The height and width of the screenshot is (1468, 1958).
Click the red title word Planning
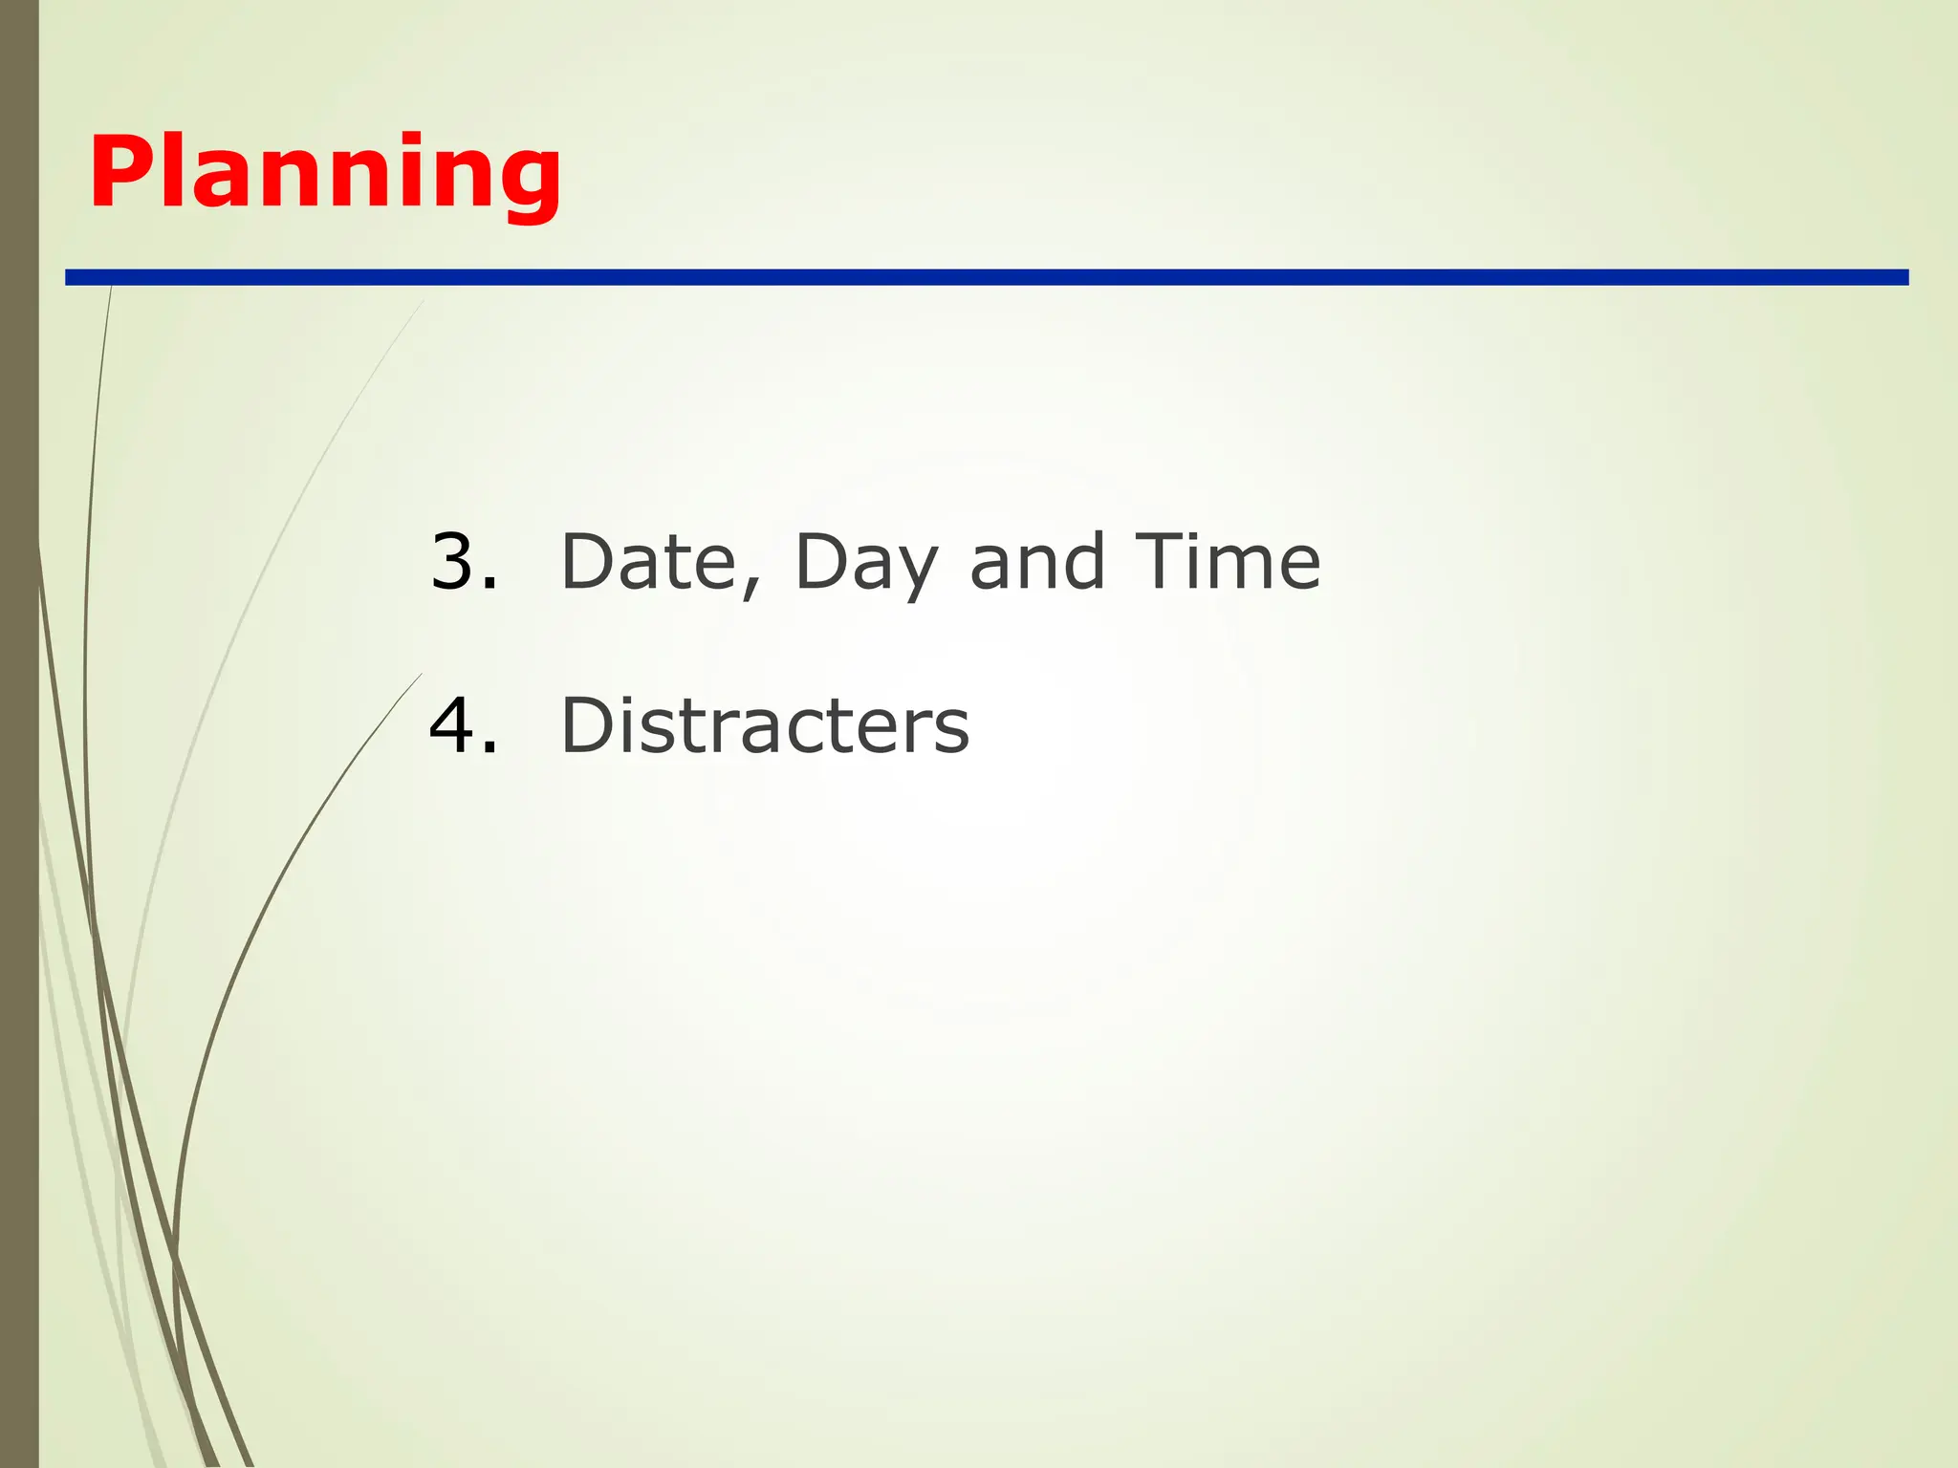click(x=325, y=174)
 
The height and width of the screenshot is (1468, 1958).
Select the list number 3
click(x=454, y=561)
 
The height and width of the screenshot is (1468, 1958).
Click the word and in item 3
click(x=1038, y=562)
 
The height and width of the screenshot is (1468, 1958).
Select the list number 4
click(x=454, y=725)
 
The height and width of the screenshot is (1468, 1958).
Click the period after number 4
click(x=489, y=747)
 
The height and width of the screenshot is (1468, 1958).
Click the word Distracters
click(x=765, y=725)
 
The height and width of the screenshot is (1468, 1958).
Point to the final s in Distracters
click(x=951, y=732)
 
